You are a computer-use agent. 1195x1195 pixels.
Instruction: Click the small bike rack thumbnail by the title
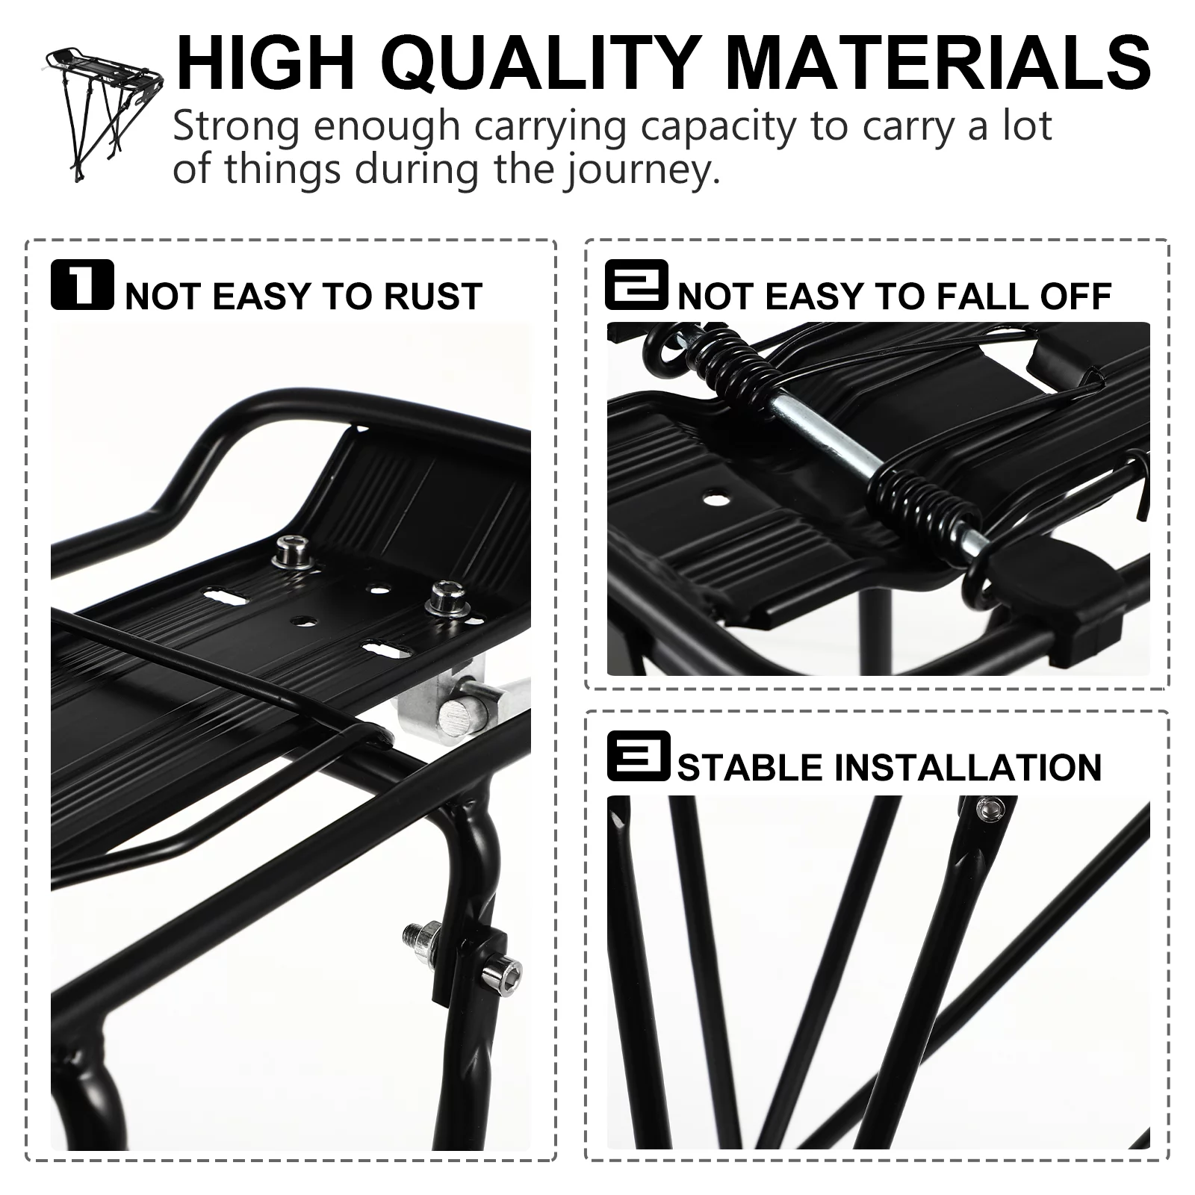(x=105, y=112)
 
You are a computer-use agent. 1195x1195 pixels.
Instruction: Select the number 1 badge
(x=82, y=285)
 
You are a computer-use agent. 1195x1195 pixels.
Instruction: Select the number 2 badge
(x=636, y=285)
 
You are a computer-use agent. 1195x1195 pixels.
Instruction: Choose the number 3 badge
(x=638, y=756)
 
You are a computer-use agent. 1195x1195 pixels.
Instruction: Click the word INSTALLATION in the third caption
(x=967, y=768)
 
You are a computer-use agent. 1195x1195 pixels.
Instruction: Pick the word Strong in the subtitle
(x=237, y=127)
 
